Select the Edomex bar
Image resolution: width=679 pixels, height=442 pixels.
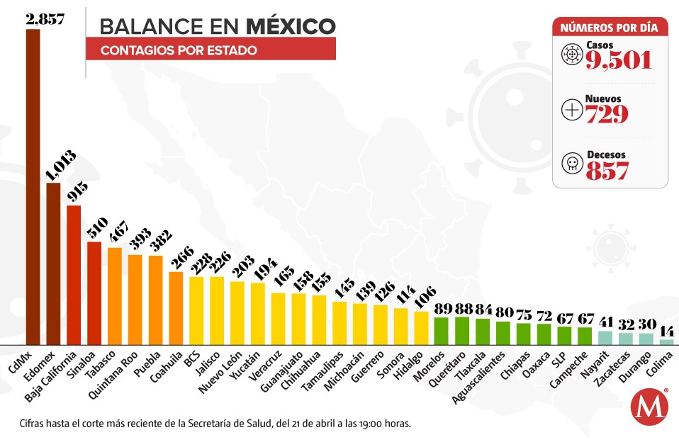53,262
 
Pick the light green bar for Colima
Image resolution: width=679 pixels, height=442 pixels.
666,341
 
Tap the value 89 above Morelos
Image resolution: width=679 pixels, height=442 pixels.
442,308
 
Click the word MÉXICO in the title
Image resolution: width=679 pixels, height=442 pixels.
291,26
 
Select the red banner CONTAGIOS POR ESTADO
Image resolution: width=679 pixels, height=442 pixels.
211,50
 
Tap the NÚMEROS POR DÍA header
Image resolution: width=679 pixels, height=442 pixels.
610,28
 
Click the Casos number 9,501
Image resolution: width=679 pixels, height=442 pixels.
618,60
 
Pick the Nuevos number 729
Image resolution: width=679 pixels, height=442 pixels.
607,113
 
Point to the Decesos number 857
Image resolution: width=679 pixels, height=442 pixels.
607,169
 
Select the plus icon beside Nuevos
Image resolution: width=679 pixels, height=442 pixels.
571,109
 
